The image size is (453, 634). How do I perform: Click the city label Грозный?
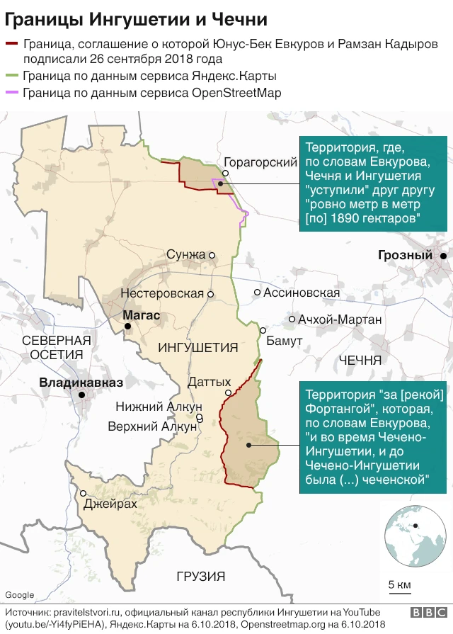tap(405, 255)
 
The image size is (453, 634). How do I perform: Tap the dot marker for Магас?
tap(127, 327)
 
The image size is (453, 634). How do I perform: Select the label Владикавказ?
tap(81, 383)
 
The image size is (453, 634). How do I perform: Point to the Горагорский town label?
tap(260, 162)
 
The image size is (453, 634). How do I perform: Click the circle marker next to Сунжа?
tap(212, 255)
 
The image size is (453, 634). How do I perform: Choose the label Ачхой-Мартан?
tap(340, 319)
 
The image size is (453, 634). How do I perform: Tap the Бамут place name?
tap(285, 341)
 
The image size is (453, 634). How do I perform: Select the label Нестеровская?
tap(162, 293)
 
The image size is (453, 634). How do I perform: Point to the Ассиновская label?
tap(302, 293)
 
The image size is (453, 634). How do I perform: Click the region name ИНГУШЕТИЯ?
tap(197, 348)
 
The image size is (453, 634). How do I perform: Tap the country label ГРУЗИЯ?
tap(201, 576)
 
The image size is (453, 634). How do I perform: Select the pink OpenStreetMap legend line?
tap(12, 93)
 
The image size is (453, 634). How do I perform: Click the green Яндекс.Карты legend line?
tap(12, 75)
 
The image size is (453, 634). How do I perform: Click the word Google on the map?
tap(19, 594)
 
